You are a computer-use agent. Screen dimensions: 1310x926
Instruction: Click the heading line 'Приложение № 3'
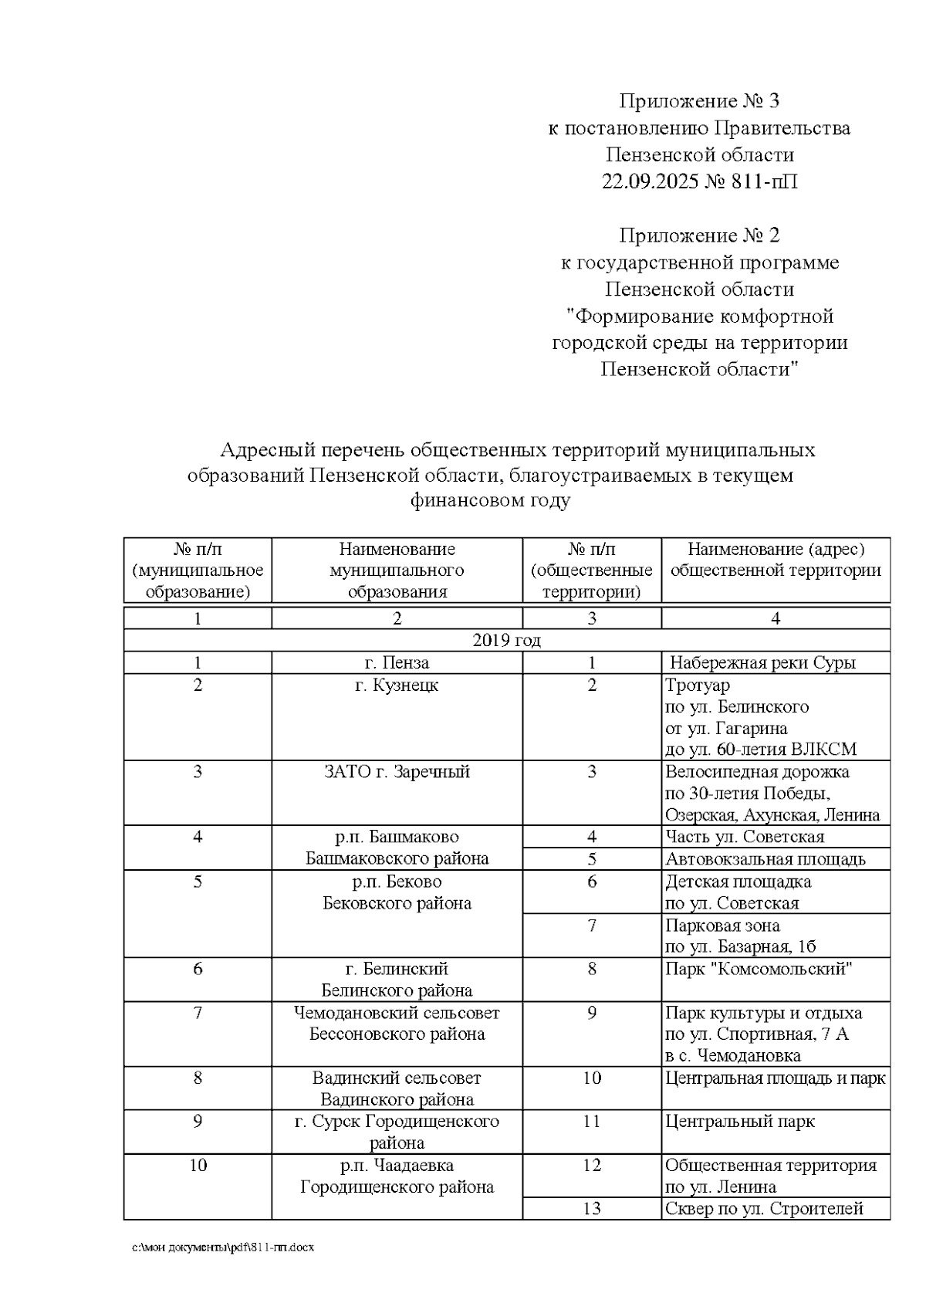pyautogui.click(x=699, y=101)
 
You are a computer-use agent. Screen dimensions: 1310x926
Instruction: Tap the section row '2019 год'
pyautogui.click(x=506, y=641)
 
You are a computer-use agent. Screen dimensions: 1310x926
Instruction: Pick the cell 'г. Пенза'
pyautogui.click(x=397, y=662)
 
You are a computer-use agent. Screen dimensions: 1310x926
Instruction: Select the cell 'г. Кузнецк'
pyautogui.click(x=397, y=685)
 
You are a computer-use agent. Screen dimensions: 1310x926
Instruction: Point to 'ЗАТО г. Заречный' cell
pyautogui.click(x=397, y=772)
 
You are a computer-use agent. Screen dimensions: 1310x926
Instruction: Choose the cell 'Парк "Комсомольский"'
pyautogui.click(x=759, y=969)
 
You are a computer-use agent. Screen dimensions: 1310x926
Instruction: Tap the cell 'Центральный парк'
pyautogui.click(x=739, y=1121)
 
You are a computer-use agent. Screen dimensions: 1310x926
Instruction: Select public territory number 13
pyautogui.click(x=591, y=1209)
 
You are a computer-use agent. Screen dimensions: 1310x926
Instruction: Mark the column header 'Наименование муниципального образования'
pyautogui.click(x=397, y=570)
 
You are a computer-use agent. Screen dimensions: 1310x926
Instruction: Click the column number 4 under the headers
pyautogui.click(x=776, y=618)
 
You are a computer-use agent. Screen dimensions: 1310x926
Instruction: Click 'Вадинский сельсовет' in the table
pyautogui.click(x=397, y=1078)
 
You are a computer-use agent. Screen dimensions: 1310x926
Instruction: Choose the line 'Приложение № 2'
pyautogui.click(x=699, y=235)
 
